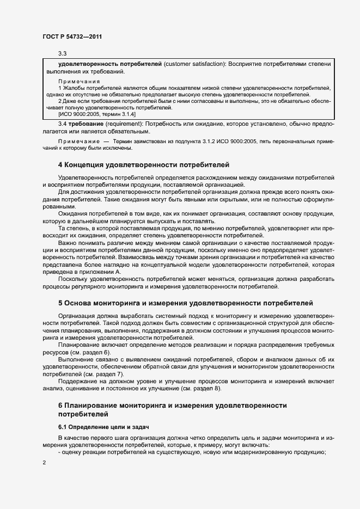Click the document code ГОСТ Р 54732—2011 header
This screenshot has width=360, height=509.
click(72, 36)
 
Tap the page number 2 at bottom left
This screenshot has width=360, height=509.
click(44, 462)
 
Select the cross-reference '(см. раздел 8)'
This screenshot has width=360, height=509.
click(202, 389)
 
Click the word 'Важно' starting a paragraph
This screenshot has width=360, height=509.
click(68, 243)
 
